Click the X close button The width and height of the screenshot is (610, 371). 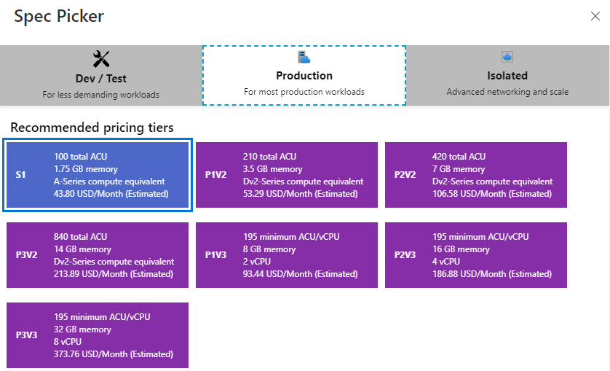595,16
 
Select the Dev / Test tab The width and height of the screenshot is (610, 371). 100,75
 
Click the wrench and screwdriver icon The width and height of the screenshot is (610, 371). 101,59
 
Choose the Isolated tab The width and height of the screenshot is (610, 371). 507,75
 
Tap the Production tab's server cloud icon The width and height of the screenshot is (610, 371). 304,57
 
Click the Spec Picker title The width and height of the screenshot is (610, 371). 59,16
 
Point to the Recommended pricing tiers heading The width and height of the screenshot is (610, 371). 92,128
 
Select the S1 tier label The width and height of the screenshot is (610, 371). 20,175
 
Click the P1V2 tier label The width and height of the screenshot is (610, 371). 215,175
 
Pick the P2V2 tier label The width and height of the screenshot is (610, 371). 405,175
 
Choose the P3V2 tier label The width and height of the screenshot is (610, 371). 26,255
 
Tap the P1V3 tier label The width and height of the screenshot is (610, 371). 215,255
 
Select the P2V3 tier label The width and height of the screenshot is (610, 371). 405,255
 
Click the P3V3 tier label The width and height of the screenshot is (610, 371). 26,335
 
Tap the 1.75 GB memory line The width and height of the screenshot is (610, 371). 86,169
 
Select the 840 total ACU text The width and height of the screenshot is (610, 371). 80,237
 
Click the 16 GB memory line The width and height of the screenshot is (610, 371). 461,249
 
